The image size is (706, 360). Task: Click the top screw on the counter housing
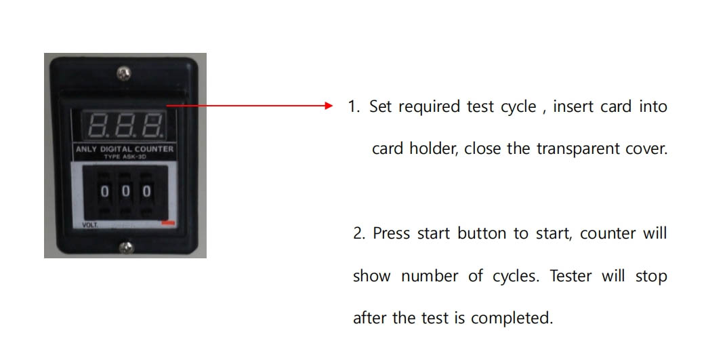(124, 72)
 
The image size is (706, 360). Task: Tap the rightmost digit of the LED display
(151, 125)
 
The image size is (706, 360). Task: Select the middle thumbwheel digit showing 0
(125, 191)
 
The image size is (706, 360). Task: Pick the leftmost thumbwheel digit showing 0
(104, 191)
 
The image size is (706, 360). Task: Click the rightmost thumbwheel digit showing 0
(146, 191)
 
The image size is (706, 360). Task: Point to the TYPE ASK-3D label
(125, 157)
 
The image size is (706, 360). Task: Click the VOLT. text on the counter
(89, 224)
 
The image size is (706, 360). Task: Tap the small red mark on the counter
(168, 222)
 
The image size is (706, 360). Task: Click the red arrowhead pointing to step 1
(328, 106)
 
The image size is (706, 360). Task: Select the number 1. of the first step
(354, 107)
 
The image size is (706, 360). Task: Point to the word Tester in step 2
(570, 276)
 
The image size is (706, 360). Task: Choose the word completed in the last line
(512, 318)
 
